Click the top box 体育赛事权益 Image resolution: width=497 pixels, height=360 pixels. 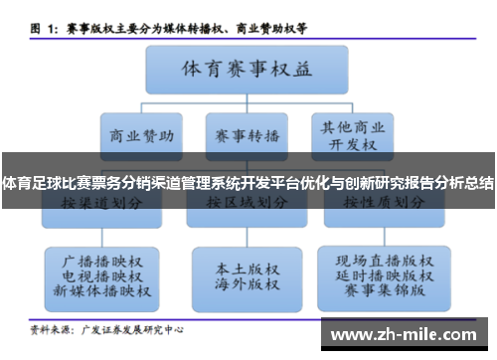pyautogui.click(x=246, y=71)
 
